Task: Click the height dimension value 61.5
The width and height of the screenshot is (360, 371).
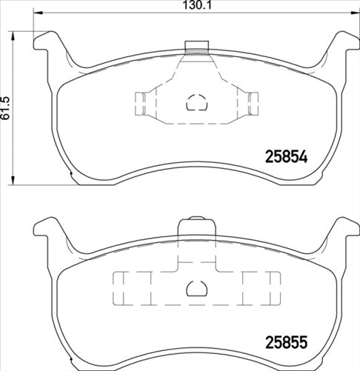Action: (6, 107)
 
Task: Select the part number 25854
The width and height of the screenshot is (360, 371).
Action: (286, 158)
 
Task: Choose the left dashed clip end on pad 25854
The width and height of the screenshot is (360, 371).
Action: (140, 102)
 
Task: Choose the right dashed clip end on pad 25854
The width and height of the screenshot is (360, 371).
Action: (253, 102)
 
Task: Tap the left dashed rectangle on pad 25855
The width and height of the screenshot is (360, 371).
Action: (131, 287)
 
